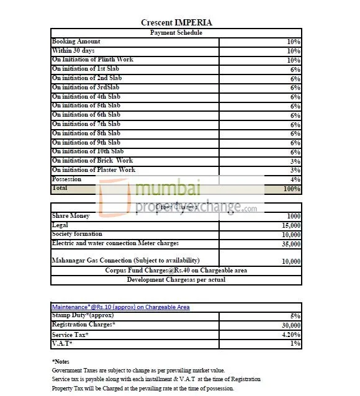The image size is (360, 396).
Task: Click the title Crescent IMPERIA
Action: click(x=177, y=23)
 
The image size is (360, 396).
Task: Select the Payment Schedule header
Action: click(x=176, y=32)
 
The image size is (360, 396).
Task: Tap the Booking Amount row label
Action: click(x=76, y=42)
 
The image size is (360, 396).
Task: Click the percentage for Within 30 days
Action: click(x=294, y=51)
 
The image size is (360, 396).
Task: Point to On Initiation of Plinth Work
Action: click(x=92, y=60)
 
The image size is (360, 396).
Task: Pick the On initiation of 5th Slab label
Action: click(x=87, y=106)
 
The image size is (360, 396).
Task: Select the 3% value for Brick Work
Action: click(x=295, y=161)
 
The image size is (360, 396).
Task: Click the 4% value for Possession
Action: click(x=295, y=179)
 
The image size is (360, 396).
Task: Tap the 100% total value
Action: click(x=292, y=189)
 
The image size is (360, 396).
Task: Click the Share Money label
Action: click(x=71, y=216)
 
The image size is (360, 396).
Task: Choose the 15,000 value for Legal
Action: click(x=290, y=225)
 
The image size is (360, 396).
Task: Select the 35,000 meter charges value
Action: click(x=290, y=244)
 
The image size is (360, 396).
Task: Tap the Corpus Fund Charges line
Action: click(x=176, y=270)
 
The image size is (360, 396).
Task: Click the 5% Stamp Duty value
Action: click(x=295, y=316)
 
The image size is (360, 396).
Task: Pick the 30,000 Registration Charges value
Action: click(x=290, y=325)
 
